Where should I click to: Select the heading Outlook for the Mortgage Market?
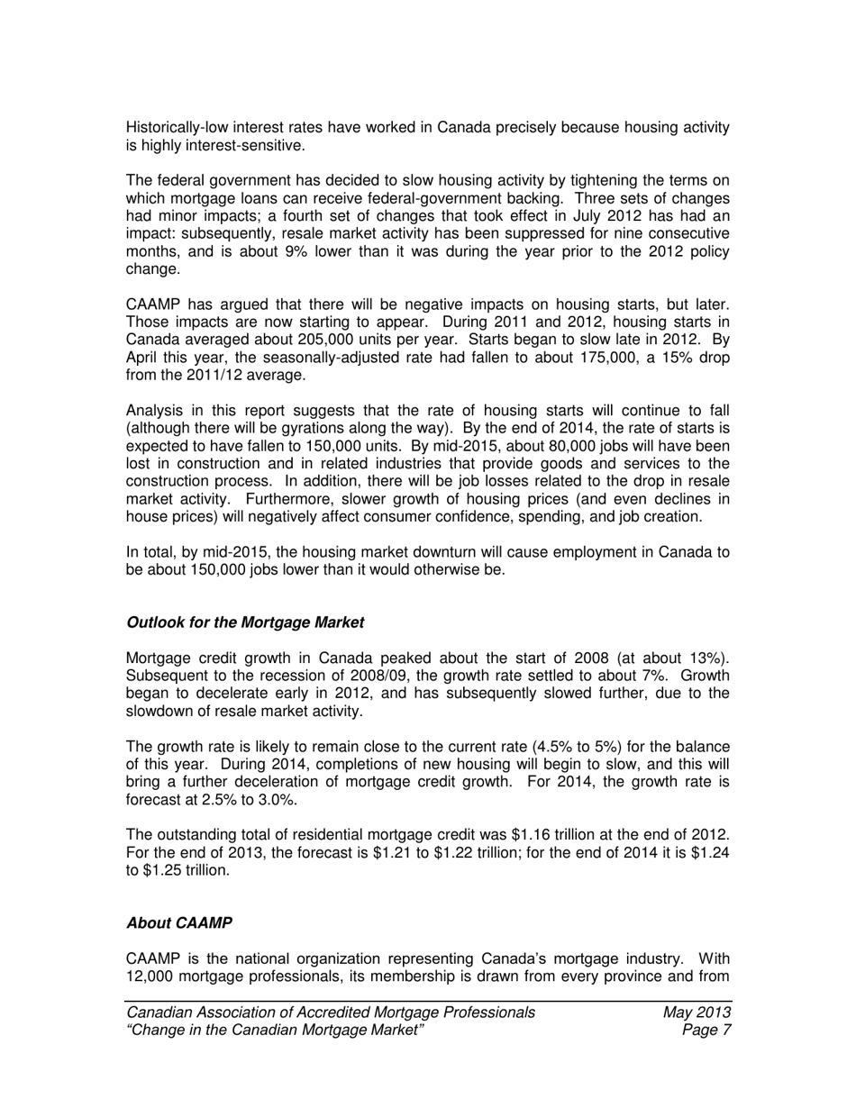pos(245,622)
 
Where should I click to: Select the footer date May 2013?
pos(696,1013)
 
